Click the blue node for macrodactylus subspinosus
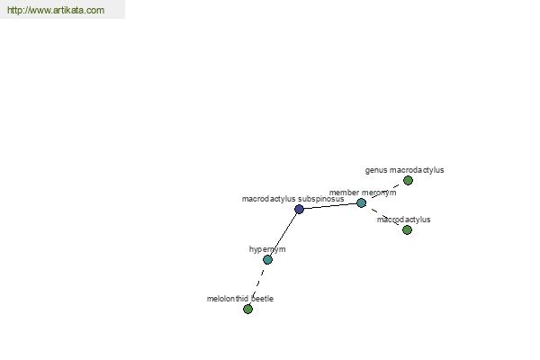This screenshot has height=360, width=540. tap(299, 209)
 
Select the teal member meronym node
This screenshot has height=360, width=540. tap(361, 202)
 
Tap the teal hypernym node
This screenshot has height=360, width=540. tap(267, 259)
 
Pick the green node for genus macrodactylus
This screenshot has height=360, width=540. tap(408, 180)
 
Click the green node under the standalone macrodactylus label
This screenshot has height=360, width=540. tap(407, 229)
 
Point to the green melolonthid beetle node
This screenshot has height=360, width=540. tap(248, 309)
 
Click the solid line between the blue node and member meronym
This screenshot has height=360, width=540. tap(330, 206)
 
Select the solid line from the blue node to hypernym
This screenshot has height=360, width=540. tap(283, 234)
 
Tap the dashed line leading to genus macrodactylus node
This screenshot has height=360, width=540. tap(384, 192)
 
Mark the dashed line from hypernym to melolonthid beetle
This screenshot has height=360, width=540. tap(258, 284)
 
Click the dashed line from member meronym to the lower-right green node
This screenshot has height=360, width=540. tap(384, 216)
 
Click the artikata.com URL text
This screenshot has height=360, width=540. tap(56, 10)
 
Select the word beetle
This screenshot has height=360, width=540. tap(262, 299)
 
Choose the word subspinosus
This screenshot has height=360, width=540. tap(321, 199)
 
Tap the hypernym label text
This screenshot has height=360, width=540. tap(267, 249)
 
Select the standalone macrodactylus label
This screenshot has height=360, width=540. tap(403, 220)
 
